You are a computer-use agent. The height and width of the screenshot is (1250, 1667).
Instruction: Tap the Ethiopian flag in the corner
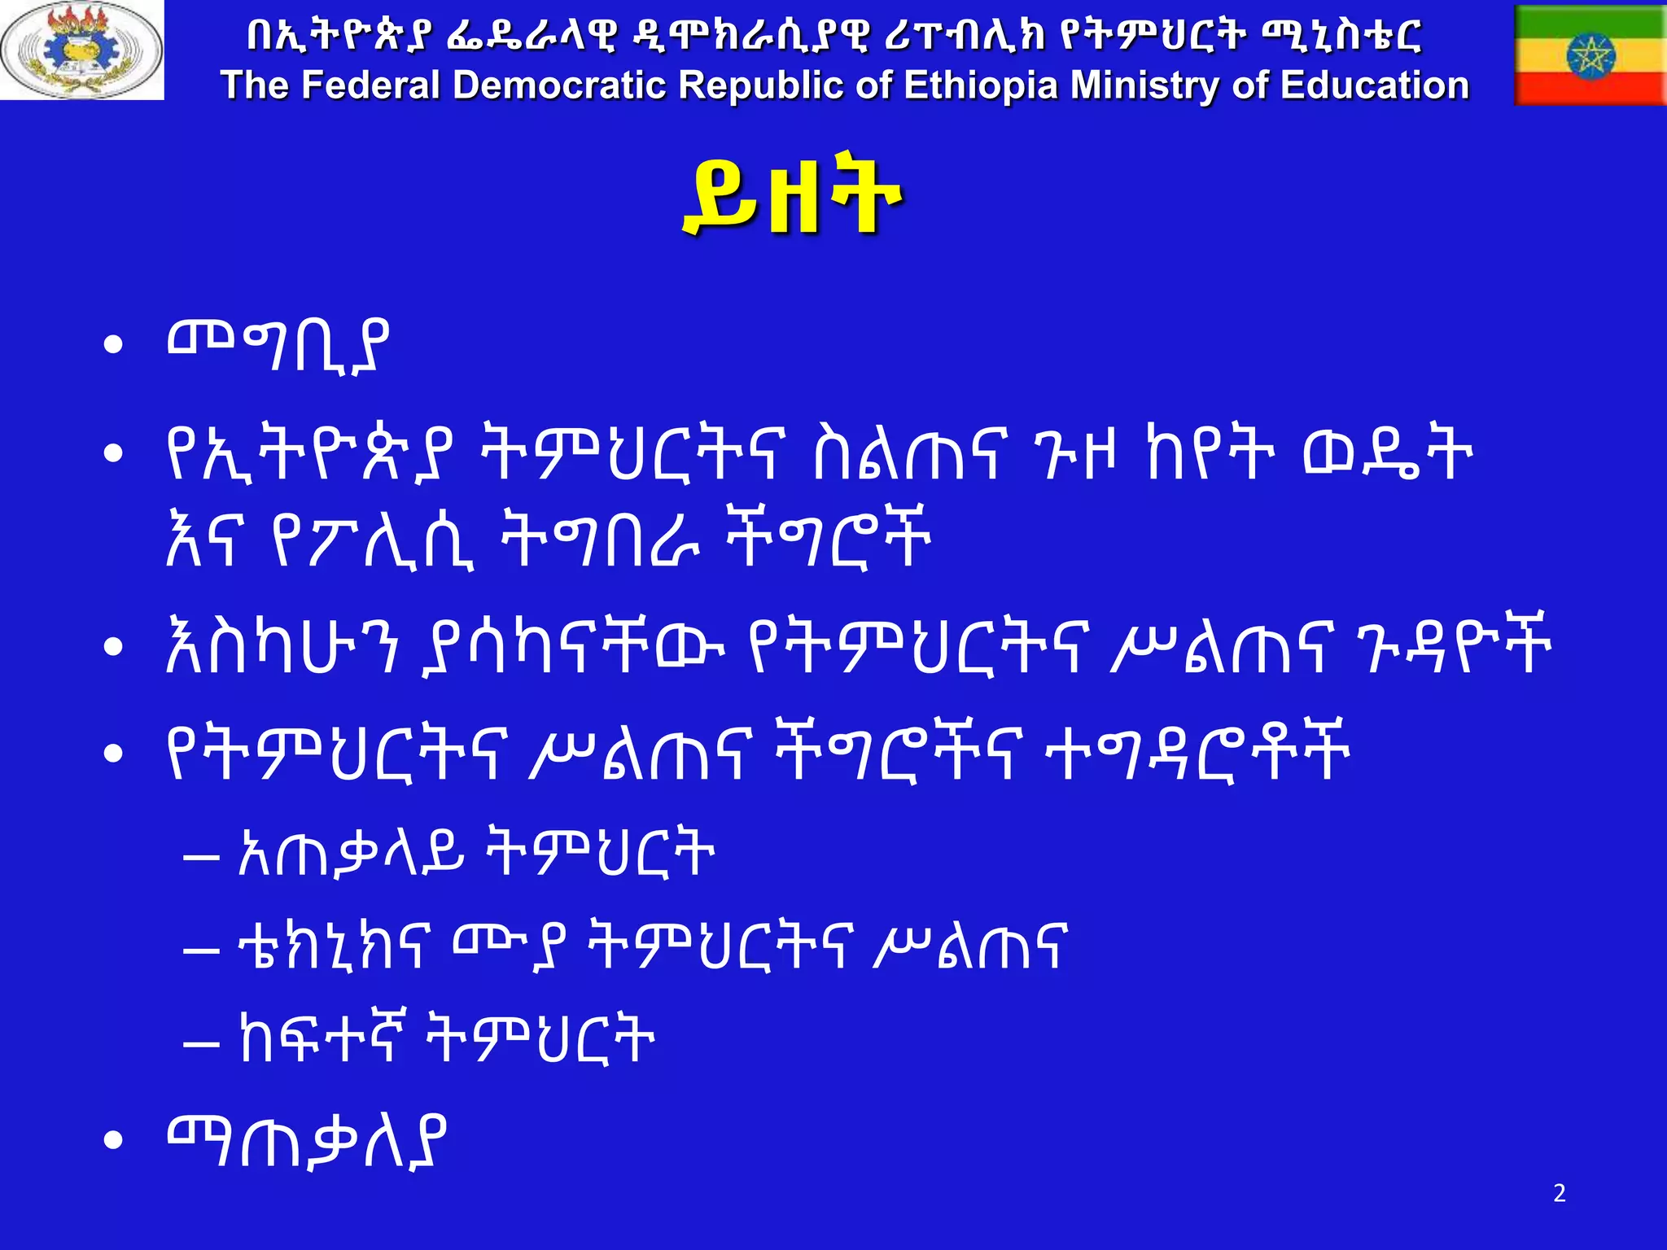tap(1590, 55)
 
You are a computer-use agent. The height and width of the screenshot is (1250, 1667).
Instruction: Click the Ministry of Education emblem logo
tap(81, 50)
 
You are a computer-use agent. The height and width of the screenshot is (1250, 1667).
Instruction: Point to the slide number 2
tap(1559, 1193)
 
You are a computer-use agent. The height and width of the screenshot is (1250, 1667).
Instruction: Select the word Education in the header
tap(1375, 85)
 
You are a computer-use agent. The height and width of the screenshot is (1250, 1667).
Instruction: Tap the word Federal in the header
tap(371, 85)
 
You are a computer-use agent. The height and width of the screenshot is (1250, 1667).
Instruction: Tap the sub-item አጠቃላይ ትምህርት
tap(476, 854)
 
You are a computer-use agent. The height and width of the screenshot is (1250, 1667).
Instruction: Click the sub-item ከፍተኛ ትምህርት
tap(447, 1038)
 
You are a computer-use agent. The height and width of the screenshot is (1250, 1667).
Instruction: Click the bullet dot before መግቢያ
tap(113, 345)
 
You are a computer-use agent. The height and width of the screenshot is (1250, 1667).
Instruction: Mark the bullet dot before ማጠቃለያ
tap(113, 1141)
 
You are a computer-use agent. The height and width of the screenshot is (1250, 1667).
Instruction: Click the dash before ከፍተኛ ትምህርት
tap(201, 1042)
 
